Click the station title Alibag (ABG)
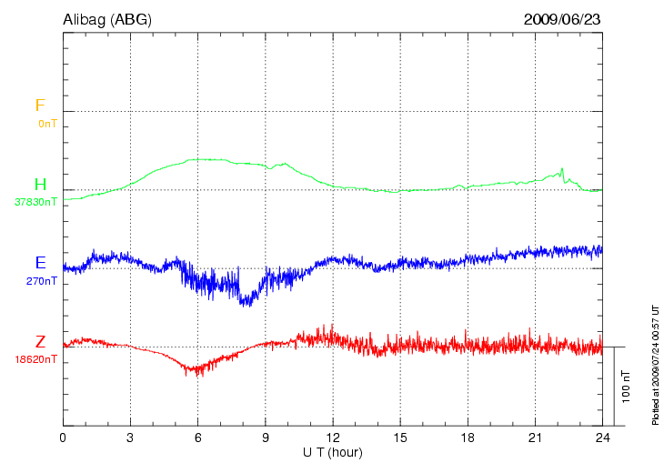[107, 19]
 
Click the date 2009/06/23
[562, 19]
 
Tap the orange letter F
[40, 106]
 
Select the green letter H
[40, 185]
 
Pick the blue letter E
[40, 263]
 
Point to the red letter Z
[40, 342]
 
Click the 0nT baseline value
[46, 123]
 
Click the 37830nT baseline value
[35, 202]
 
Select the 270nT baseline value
[42, 281]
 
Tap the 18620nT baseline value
[35, 359]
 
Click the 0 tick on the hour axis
[63, 438]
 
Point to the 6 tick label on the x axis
[197, 438]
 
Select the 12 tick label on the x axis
[333, 438]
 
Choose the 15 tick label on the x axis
[400, 438]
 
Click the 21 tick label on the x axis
[535, 438]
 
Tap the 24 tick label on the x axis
[602, 438]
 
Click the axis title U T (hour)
[333, 452]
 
